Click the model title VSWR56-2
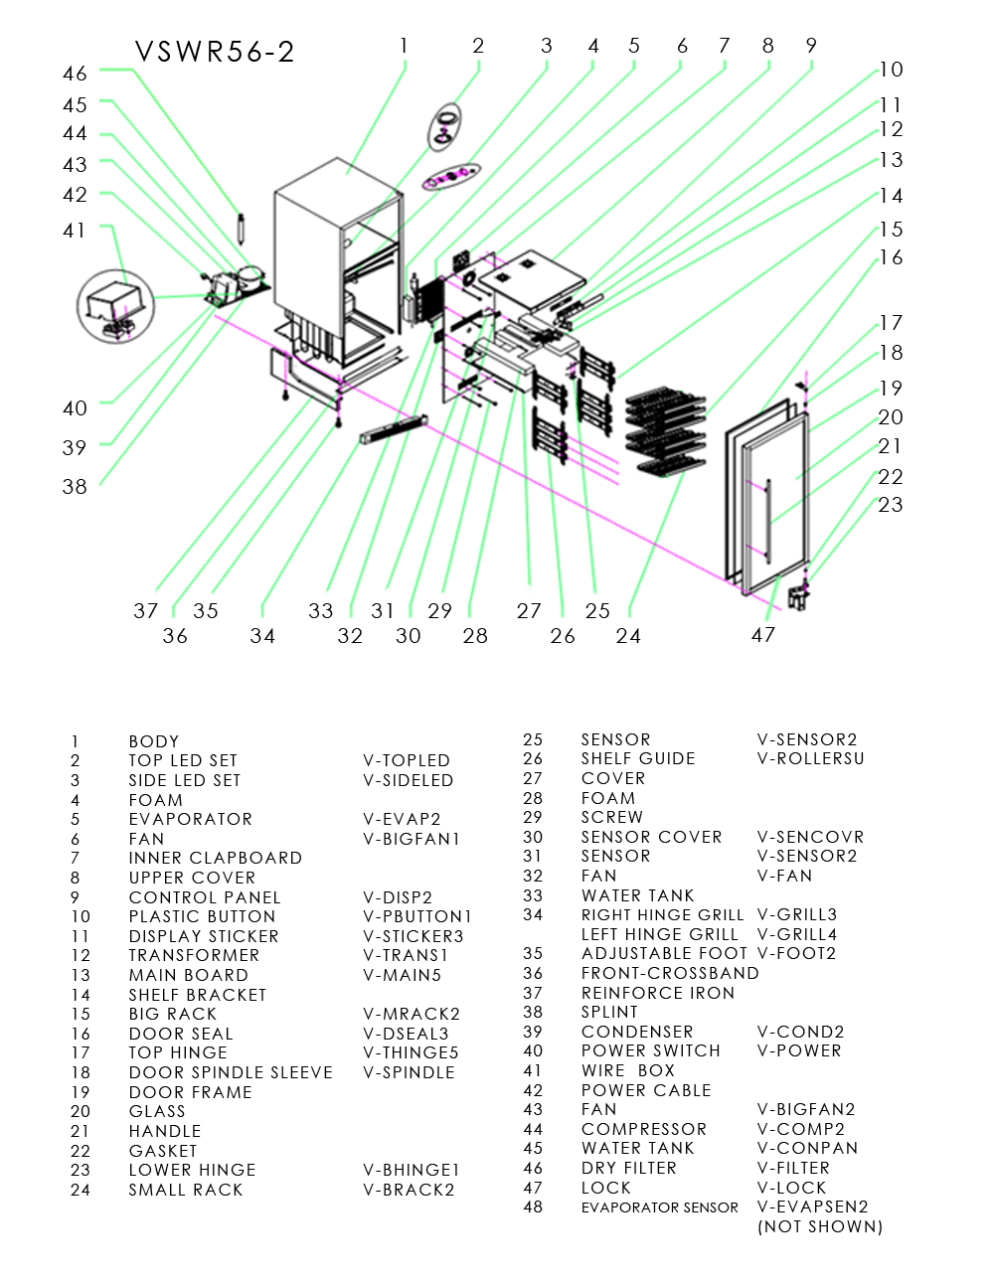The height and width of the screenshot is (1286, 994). (215, 52)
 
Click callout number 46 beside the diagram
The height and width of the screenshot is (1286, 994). (75, 74)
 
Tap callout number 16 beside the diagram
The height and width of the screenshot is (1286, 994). (891, 258)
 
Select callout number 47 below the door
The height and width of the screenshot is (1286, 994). (762, 635)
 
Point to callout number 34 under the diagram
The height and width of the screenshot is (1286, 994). (262, 636)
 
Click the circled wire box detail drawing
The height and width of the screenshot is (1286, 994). (116, 306)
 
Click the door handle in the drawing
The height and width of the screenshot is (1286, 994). (768, 515)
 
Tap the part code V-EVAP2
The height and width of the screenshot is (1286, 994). (402, 819)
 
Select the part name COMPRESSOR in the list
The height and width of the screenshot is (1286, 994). (644, 1129)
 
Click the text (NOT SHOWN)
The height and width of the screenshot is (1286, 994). (820, 1226)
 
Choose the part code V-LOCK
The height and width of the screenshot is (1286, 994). (792, 1188)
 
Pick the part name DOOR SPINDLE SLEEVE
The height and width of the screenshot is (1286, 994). (231, 1072)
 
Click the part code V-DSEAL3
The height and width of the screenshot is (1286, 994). (406, 1034)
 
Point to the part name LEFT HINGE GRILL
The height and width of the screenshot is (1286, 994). (660, 934)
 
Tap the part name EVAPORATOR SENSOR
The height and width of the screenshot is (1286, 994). (660, 1207)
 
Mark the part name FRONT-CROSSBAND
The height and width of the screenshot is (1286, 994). (670, 973)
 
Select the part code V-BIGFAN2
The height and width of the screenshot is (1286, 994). (806, 1109)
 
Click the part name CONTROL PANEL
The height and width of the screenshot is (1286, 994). (205, 897)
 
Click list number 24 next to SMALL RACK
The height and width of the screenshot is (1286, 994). (81, 1190)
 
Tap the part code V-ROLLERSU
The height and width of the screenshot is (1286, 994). (810, 758)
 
